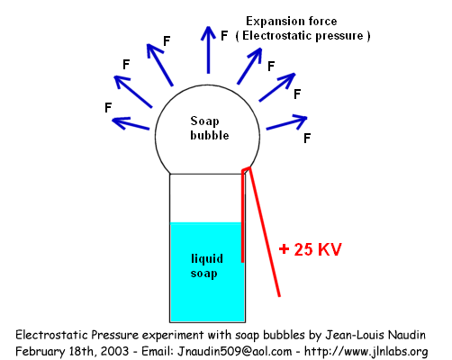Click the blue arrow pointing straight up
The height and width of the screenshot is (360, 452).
(x=208, y=49)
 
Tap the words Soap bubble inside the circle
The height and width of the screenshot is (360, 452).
(x=210, y=129)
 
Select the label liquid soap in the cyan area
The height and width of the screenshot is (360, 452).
(x=207, y=266)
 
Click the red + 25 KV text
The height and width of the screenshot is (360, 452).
(x=311, y=249)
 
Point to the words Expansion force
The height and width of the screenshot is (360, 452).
(x=292, y=21)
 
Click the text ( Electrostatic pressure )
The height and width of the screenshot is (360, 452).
(x=303, y=36)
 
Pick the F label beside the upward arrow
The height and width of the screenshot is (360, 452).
(x=224, y=36)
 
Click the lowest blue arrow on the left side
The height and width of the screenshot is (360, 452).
(x=131, y=123)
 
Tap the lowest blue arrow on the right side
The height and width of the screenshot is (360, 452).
(x=286, y=122)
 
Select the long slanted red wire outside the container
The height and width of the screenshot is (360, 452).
(x=264, y=231)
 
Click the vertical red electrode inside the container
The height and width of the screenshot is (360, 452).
(x=242, y=216)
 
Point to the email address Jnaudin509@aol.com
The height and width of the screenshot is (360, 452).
(x=234, y=351)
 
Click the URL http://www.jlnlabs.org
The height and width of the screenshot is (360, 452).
(x=366, y=351)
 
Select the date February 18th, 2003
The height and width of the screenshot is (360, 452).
(x=72, y=351)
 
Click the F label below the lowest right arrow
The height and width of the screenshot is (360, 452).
(x=307, y=139)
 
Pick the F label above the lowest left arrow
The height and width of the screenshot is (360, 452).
(x=108, y=107)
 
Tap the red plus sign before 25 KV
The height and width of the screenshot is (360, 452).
(x=284, y=249)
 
